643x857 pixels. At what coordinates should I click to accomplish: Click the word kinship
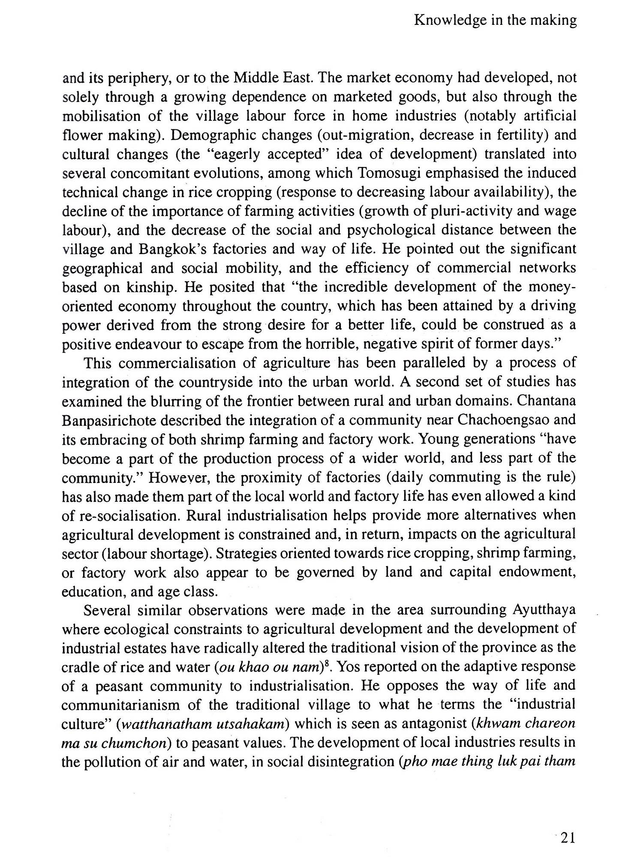click(150, 287)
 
